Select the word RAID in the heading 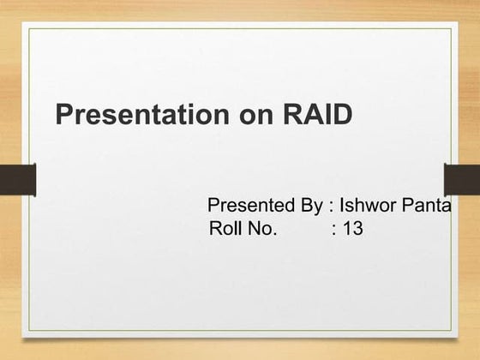[317, 115]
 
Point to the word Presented [248, 206]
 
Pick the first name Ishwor [369, 206]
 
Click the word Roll [225, 229]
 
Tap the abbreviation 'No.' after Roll [261, 229]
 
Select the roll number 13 [352, 229]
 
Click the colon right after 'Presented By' [331, 207]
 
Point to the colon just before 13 [333, 231]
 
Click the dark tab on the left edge [17, 180]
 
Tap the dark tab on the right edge [462, 180]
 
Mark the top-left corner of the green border [29, 28]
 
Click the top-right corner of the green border [451, 28]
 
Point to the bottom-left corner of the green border [29, 331]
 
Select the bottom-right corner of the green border [451, 331]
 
